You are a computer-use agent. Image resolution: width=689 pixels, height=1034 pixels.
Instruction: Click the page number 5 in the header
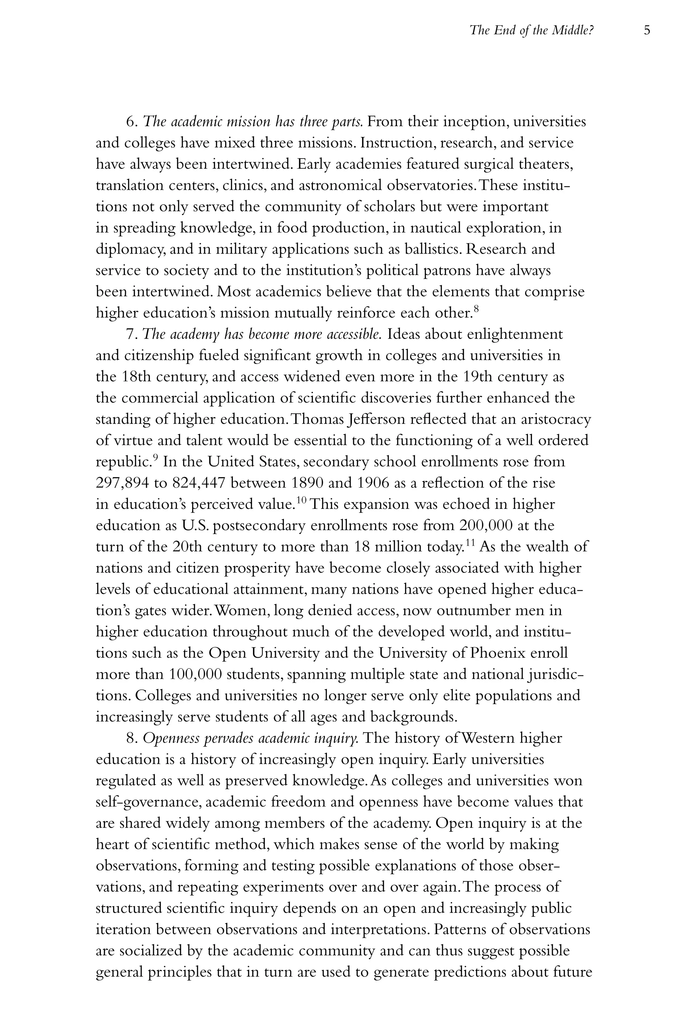click(x=646, y=30)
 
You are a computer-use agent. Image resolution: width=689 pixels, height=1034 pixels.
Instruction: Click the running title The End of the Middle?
click(x=532, y=30)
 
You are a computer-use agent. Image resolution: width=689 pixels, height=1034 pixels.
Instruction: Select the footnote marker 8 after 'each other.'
click(x=476, y=309)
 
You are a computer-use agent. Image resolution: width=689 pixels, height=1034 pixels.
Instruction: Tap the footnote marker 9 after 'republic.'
click(x=155, y=458)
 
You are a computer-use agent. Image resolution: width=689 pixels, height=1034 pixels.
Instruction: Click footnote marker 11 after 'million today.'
click(x=470, y=543)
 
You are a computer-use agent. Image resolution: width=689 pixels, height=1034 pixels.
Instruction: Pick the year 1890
click(x=307, y=483)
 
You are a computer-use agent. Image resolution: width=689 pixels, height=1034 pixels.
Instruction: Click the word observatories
click(x=431, y=185)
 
